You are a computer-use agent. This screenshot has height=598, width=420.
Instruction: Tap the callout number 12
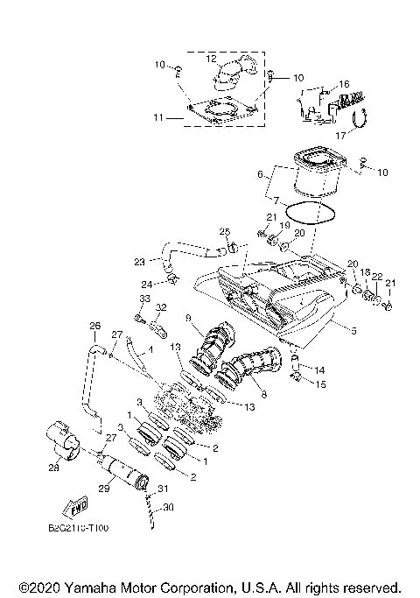point(210,59)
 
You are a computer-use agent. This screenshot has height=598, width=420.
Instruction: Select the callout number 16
point(344,84)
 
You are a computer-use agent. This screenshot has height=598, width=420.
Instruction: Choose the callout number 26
point(95,327)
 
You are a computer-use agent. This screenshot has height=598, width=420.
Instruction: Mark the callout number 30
point(170,506)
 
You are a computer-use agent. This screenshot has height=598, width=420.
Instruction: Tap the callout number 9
point(188,316)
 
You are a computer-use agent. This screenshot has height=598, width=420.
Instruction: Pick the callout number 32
point(161,307)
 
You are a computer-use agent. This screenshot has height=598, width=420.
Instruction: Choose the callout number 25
point(225,231)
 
